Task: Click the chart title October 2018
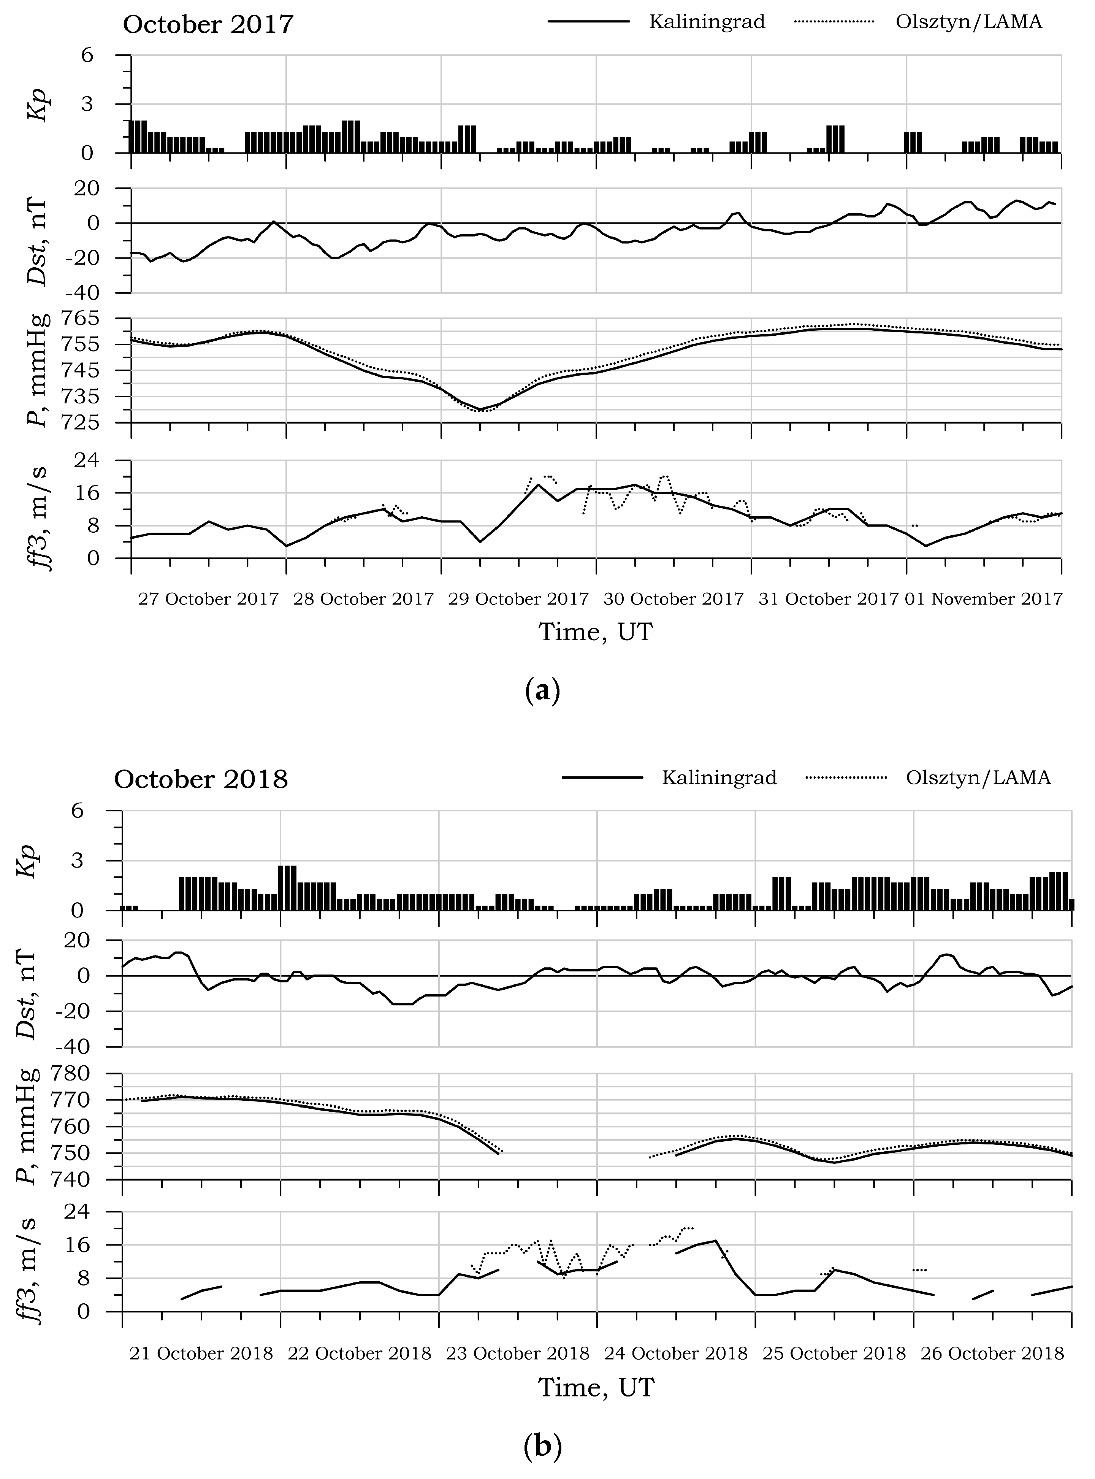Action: (x=201, y=779)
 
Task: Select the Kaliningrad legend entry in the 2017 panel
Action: (x=707, y=22)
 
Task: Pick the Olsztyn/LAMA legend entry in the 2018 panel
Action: (x=978, y=777)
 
